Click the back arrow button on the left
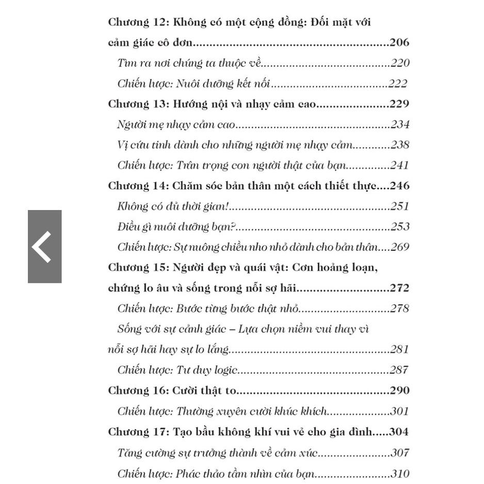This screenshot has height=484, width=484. coord(44,247)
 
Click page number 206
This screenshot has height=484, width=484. coord(399,43)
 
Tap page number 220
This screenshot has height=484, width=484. coord(400,63)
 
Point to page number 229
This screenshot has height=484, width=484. coord(399,104)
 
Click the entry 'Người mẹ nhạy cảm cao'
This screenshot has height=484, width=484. coord(176,124)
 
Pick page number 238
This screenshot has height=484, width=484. coord(400,144)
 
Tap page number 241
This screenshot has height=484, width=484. coord(400,165)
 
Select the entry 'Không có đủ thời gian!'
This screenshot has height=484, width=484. coord(173,206)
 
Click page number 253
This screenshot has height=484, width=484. coord(400,227)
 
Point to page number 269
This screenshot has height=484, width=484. coord(400,247)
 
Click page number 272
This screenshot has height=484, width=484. coord(399,288)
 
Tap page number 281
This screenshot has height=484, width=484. coord(400,349)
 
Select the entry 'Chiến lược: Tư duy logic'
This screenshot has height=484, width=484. coord(177,370)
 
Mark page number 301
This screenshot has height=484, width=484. coord(400,411)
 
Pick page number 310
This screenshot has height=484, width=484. coord(400,474)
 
